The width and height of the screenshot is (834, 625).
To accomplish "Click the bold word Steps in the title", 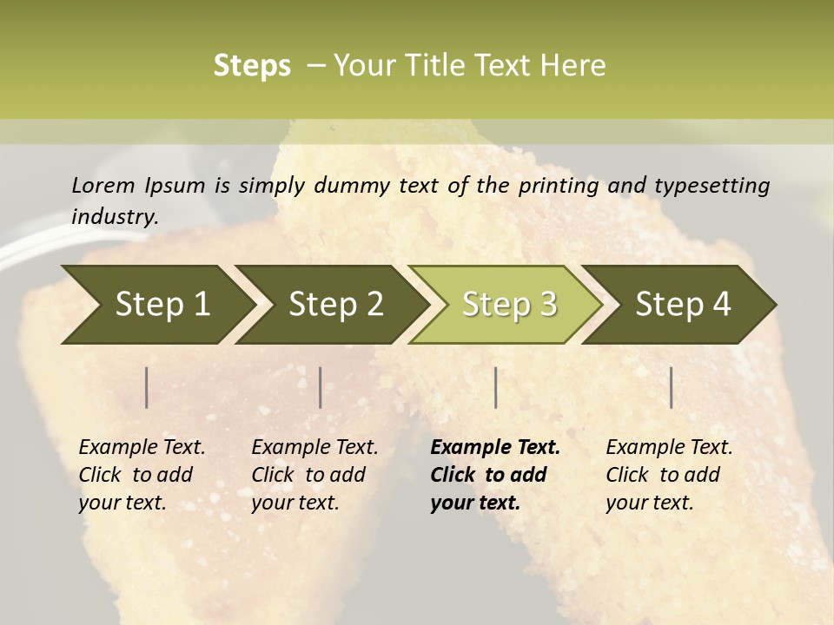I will tap(252, 65).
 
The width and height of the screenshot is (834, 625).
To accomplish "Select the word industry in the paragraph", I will tap(114, 216).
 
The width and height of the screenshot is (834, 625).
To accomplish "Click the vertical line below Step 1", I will tap(147, 387).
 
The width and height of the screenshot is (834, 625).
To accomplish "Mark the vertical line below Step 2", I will tap(321, 387).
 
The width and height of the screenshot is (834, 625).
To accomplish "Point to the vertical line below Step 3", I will tap(495, 387).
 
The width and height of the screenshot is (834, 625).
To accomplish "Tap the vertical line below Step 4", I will tap(672, 387).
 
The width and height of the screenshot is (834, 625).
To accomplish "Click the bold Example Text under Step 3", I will tap(495, 447).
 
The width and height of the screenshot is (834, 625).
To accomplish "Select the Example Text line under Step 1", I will tap(142, 447).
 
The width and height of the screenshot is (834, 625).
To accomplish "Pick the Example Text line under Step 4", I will tap(669, 447).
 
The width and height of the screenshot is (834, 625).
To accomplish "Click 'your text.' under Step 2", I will tap(295, 503).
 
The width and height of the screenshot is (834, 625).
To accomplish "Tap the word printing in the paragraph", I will tap(559, 185).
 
